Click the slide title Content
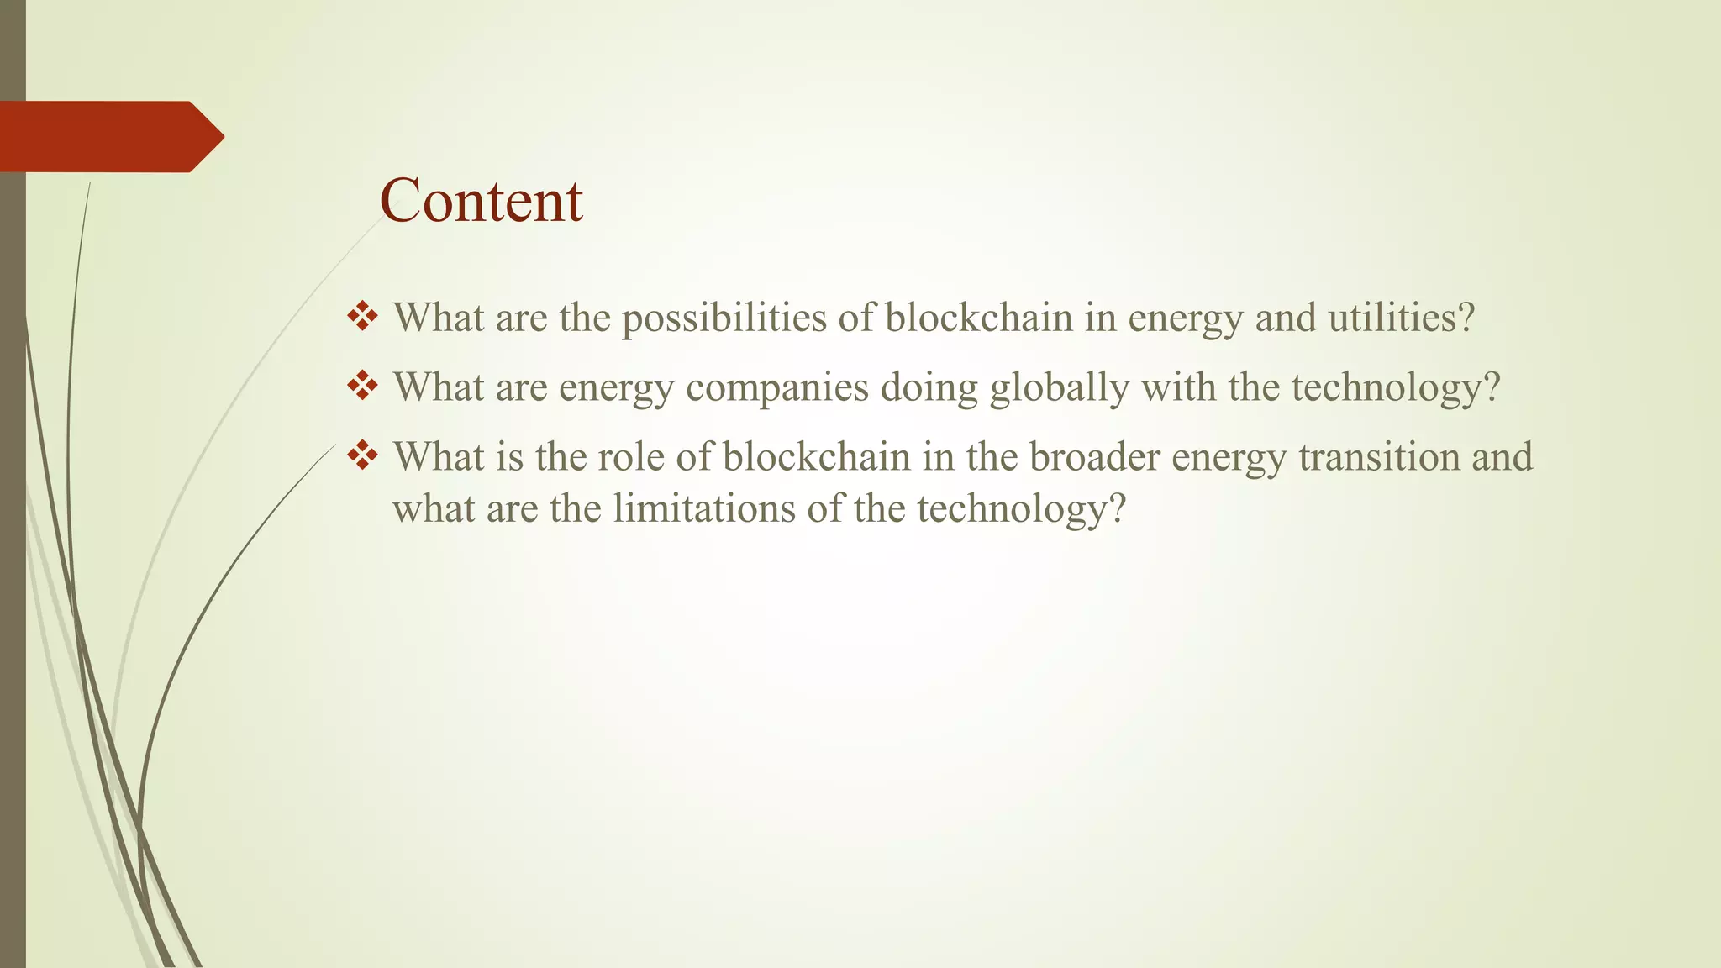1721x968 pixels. [481, 201]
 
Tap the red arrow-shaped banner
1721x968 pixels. [109, 137]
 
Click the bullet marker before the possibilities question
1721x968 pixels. [361, 317]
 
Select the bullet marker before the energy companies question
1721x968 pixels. [361, 387]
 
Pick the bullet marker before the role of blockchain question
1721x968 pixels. [361, 456]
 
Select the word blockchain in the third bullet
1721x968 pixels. [816, 457]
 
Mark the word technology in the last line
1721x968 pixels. [1020, 509]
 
